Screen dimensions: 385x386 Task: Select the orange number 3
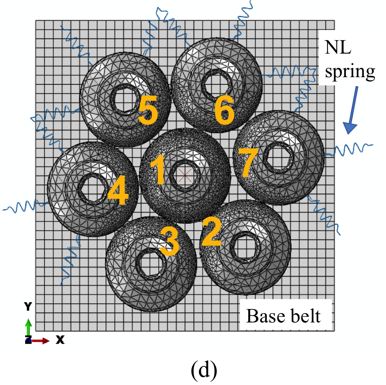(170, 241)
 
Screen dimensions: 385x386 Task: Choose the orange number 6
(224, 111)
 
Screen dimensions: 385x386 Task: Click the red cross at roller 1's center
(185, 175)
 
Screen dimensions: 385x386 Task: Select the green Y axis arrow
(28, 326)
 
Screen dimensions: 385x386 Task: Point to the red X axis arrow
(41, 340)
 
